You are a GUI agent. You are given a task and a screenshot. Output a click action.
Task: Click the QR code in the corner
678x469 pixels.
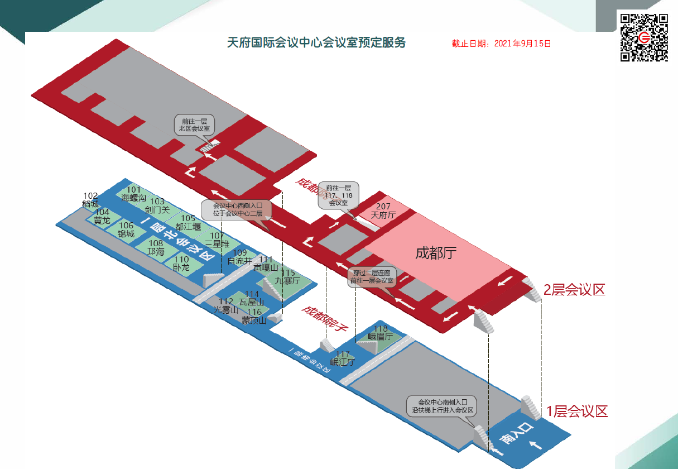point(644,37)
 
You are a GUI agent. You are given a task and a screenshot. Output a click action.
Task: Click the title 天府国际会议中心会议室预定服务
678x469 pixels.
point(316,43)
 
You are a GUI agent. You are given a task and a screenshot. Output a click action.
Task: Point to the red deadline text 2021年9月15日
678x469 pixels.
point(501,44)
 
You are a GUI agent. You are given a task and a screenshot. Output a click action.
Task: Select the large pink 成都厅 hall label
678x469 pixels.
point(436,253)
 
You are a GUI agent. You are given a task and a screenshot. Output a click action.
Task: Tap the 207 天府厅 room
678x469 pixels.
point(383,211)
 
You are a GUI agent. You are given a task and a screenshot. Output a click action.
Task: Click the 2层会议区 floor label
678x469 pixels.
point(574,290)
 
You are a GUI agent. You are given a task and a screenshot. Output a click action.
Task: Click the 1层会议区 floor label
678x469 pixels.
point(576,412)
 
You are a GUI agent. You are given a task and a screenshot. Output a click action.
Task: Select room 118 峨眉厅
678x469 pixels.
point(381,333)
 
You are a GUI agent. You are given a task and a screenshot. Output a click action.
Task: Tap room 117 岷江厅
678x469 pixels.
point(343,358)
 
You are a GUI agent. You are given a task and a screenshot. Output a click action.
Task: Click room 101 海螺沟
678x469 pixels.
point(134,194)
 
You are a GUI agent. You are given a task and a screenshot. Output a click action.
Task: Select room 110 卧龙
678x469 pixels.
point(181,264)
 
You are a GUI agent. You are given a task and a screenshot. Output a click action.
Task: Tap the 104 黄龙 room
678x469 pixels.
point(102,217)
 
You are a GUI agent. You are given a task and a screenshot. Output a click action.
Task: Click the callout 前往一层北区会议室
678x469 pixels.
point(194,125)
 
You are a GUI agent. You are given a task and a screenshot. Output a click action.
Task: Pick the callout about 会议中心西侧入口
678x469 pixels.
point(237,209)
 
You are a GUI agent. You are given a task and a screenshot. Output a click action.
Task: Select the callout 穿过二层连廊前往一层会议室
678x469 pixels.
point(372,277)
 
